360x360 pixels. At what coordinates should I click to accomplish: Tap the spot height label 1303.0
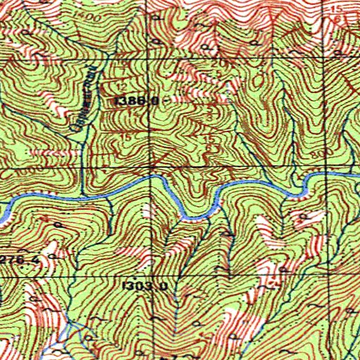point(144,286)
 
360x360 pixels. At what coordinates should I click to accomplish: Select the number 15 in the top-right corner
point(340,8)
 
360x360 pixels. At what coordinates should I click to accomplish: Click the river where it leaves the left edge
point(2,208)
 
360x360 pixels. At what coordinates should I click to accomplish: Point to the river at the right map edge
point(356,172)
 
